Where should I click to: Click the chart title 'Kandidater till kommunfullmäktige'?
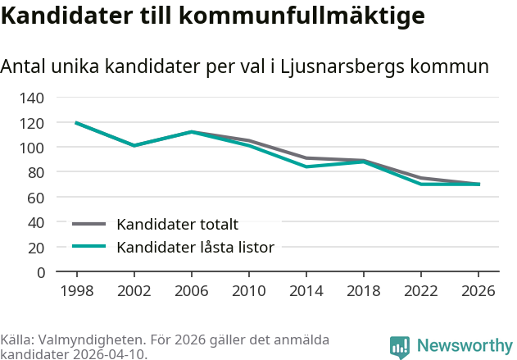(212, 16)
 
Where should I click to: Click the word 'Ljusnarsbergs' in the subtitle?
(336, 67)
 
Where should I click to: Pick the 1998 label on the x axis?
(76, 291)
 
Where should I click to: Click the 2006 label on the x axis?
(191, 291)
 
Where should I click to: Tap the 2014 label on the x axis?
(306, 291)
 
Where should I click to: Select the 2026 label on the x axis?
(478, 291)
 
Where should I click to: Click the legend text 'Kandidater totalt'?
(177, 225)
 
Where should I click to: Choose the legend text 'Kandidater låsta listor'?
(195, 247)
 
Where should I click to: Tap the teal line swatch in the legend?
(89, 246)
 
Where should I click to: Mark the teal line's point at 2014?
(306, 166)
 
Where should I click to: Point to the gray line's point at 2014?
(306, 157)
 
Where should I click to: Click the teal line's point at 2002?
(134, 145)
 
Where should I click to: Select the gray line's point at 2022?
(421, 178)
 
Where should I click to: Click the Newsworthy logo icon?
(400, 348)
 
